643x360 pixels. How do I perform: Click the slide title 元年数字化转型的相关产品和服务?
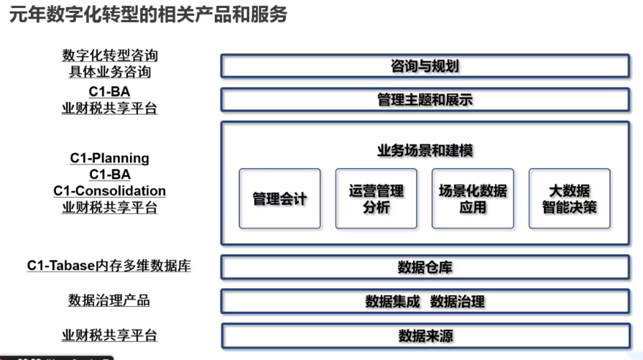click(x=148, y=14)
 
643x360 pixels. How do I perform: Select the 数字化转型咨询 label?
click(x=110, y=55)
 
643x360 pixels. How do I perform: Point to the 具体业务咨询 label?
click(x=110, y=72)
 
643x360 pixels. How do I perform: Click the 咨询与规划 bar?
click(x=425, y=66)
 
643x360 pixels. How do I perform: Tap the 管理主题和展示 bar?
click(x=425, y=100)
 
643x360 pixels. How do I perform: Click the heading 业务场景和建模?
click(x=425, y=150)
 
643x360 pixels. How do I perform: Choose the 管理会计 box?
click(x=279, y=198)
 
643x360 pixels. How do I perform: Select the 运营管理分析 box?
click(x=376, y=198)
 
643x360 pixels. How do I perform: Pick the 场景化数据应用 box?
click(x=473, y=198)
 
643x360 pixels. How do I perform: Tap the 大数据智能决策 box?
click(x=569, y=198)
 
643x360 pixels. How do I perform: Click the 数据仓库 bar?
click(x=425, y=267)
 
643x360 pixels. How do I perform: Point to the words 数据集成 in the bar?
click(x=392, y=302)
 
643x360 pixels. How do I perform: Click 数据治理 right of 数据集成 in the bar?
click(x=457, y=302)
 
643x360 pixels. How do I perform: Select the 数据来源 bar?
click(x=425, y=336)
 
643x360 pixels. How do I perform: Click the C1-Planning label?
click(x=109, y=158)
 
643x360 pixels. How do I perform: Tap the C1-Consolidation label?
click(x=109, y=190)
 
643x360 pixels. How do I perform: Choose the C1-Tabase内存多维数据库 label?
click(x=109, y=266)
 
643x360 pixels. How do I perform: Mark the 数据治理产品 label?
click(x=109, y=300)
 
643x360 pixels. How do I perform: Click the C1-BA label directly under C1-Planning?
click(x=109, y=175)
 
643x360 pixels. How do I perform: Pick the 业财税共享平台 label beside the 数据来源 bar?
click(x=109, y=335)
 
